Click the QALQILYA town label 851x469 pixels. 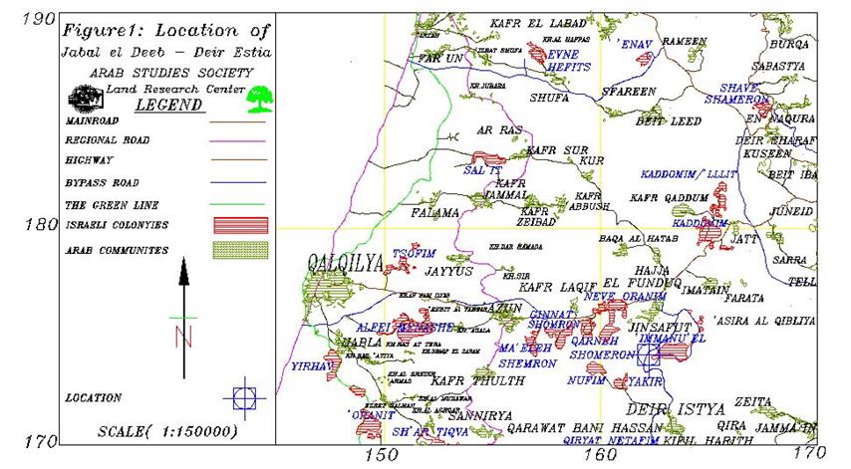[x=344, y=264]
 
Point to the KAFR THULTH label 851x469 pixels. [x=466, y=379]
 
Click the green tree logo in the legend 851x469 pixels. [x=262, y=98]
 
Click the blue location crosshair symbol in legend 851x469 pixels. [x=243, y=398]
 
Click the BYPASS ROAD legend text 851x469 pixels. [x=103, y=183]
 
